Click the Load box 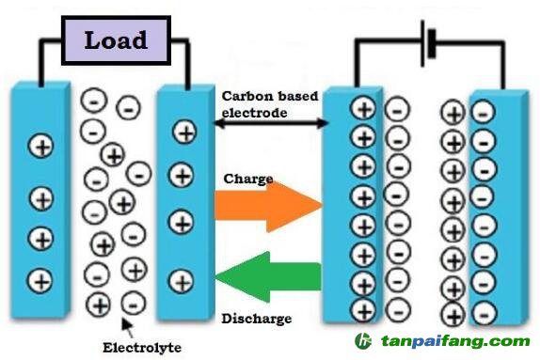(x=115, y=40)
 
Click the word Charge (x=248, y=178)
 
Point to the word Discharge (x=256, y=318)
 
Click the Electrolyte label (x=141, y=347)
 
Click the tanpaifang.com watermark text (x=455, y=342)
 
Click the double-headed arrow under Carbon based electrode (x=272, y=123)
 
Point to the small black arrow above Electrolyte (x=127, y=326)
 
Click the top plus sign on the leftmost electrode (x=40, y=146)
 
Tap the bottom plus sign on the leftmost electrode (x=40, y=279)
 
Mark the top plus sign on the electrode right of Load (x=185, y=133)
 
